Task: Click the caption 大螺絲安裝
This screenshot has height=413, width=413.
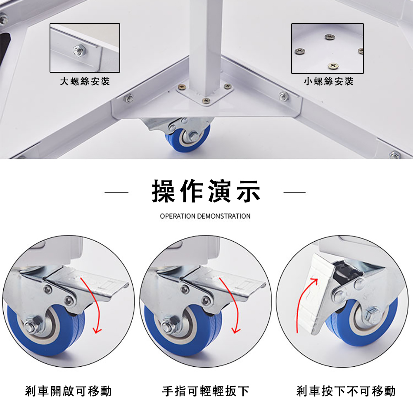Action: pos(85,81)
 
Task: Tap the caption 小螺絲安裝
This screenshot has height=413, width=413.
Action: pos(328,81)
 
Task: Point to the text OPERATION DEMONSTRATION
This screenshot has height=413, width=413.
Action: pos(205,216)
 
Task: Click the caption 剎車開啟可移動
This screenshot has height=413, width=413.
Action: pos(69,391)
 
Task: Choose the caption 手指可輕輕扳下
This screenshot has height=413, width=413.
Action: pos(206,391)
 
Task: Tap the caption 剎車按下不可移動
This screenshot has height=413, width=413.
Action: pos(346,391)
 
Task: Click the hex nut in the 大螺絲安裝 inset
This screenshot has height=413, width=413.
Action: pos(78,50)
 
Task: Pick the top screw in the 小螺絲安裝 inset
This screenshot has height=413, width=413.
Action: pos(330,37)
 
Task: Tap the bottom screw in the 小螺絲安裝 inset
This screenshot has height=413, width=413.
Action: pos(333,66)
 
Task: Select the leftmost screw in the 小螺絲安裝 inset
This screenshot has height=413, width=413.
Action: pos(299,51)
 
